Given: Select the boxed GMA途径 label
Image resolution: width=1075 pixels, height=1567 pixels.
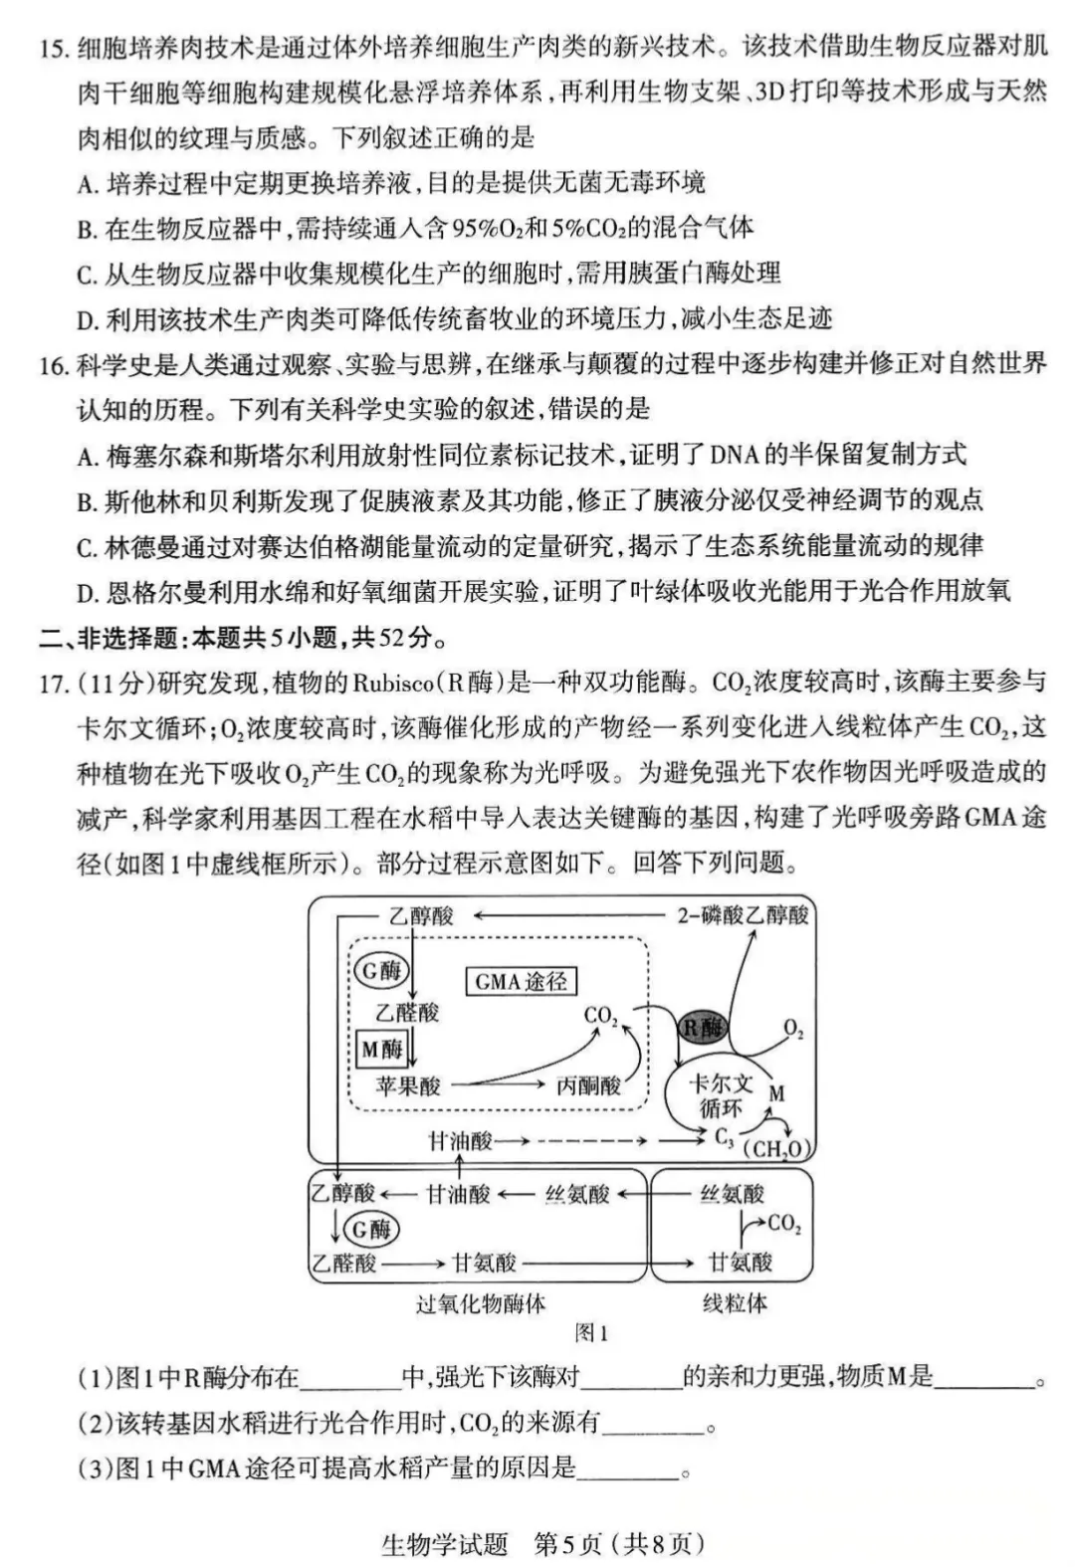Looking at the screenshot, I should click(521, 982).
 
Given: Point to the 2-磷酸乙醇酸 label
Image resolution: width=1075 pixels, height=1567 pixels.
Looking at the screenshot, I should click(743, 915).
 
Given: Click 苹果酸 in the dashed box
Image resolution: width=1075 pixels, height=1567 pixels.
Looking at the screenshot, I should click(408, 1085).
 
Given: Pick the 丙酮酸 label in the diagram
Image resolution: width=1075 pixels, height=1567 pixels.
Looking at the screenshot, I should click(588, 1085).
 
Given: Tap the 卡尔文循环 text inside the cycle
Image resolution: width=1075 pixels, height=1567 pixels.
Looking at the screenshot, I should click(722, 1095).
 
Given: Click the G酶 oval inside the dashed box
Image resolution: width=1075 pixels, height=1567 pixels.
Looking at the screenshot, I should click(381, 970).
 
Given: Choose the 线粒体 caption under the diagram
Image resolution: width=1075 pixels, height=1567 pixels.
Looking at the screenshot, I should click(735, 1303).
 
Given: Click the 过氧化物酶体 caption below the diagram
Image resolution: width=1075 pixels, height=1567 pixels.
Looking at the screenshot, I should click(481, 1303).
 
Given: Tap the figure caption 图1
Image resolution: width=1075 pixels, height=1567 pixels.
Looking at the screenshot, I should click(591, 1333).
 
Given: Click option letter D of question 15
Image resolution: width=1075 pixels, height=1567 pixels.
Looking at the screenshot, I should click(87, 319).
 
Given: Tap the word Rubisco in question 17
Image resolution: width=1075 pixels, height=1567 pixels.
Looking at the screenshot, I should click(391, 684).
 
